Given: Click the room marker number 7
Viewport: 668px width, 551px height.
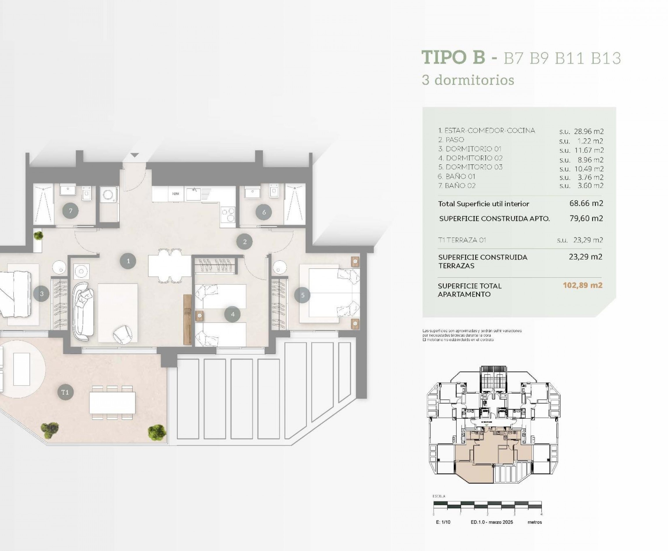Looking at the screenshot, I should (70, 211).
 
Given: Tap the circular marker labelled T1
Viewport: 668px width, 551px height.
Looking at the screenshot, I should (65, 392).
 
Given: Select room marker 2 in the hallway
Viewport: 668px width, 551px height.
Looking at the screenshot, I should (244, 242).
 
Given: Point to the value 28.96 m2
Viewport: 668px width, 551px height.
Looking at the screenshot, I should (589, 131).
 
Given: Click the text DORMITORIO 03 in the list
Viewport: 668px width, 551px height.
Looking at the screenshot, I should (474, 167).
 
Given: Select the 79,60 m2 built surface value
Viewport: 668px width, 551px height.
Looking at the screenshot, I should (586, 218).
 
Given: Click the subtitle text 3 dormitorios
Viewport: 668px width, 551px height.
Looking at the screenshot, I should (468, 80).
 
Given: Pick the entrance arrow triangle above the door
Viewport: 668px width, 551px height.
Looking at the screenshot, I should (135, 155).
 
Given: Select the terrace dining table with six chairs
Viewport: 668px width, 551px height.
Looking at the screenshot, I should (112, 403).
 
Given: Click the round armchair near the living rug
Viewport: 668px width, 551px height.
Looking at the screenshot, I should (123, 335).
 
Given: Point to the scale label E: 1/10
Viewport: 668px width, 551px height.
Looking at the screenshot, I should (443, 522).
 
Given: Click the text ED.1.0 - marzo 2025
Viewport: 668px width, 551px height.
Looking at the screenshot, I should (491, 522).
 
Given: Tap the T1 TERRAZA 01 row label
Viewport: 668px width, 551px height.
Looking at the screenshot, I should (462, 240).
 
